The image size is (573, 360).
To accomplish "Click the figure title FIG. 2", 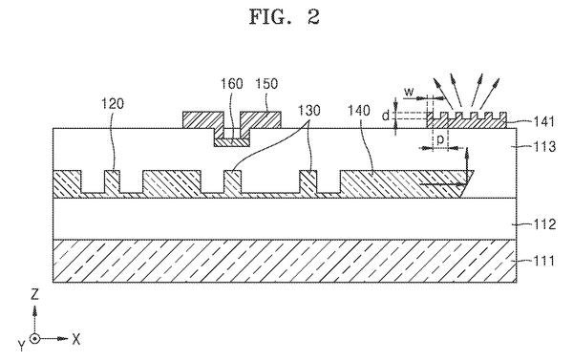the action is (285, 17).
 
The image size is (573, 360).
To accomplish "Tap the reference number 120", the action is (113, 104).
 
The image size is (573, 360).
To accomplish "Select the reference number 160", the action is (231, 84).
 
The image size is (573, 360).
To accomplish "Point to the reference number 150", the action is (266, 84).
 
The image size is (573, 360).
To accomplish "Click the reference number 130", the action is (309, 110).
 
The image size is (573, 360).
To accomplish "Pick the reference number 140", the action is (359, 110).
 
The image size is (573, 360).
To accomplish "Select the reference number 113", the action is (544, 146).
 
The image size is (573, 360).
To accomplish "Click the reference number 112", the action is (544, 224).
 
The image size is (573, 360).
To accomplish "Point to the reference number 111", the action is (544, 261).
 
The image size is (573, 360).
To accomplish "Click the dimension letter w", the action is (409, 92).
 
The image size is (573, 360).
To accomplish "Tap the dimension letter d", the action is (386, 116).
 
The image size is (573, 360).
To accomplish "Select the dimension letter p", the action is (440, 139).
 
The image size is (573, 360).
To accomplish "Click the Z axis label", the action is (34, 294).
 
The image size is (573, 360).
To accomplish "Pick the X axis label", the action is (75, 339).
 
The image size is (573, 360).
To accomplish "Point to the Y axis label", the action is (22, 345).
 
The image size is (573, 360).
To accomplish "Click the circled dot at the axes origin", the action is (34, 339).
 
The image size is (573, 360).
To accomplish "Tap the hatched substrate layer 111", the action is (285, 261).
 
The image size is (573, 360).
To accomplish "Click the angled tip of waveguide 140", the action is (474, 171).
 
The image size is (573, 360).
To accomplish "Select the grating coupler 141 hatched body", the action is (467, 122).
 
